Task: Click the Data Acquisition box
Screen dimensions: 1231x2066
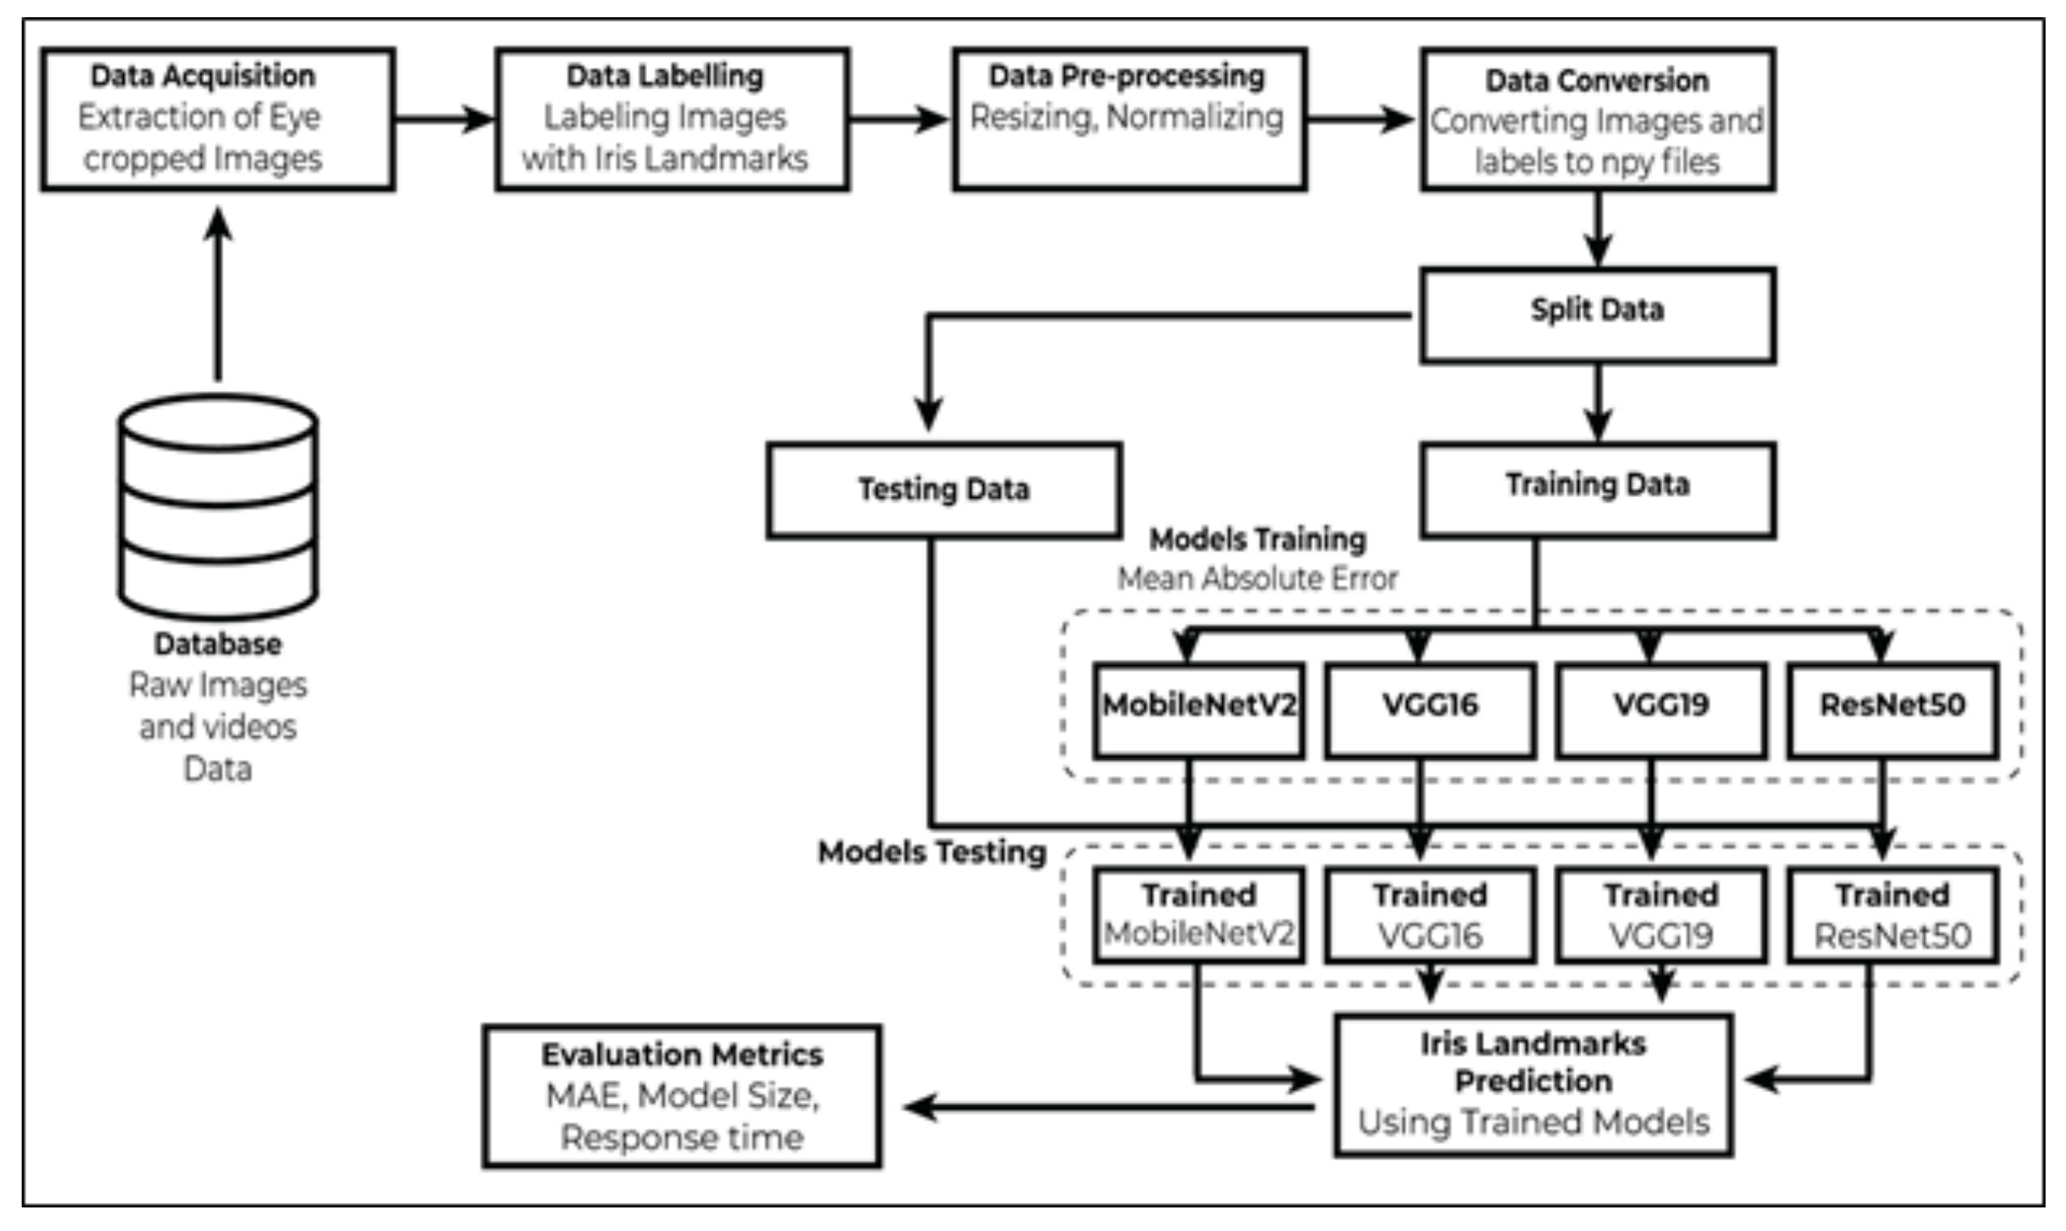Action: coord(218,119)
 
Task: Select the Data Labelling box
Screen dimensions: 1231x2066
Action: coord(672,119)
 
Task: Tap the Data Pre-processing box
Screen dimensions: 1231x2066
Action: coord(1129,119)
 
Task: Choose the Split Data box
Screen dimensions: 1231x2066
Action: coord(1597,315)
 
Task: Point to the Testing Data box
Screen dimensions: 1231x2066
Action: coord(944,491)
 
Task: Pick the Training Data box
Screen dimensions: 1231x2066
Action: coord(1597,490)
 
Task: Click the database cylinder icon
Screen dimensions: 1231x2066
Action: coord(218,508)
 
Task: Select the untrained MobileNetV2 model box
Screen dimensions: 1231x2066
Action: coord(1198,710)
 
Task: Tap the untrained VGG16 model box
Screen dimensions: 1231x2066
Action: coord(1430,710)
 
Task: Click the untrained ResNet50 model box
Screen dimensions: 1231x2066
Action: coord(1892,710)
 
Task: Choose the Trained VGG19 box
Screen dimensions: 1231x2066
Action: coord(1660,916)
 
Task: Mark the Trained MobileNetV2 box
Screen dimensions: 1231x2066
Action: coord(1198,916)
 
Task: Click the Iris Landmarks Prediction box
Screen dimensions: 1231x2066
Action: coord(1533,1084)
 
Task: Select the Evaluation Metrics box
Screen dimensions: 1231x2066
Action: coord(681,1095)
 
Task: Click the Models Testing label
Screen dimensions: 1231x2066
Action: coord(932,853)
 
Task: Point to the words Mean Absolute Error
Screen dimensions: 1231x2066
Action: coord(1257,579)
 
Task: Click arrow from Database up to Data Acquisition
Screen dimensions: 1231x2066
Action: coord(218,295)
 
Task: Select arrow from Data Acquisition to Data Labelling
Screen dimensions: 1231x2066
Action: coord(446,119)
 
